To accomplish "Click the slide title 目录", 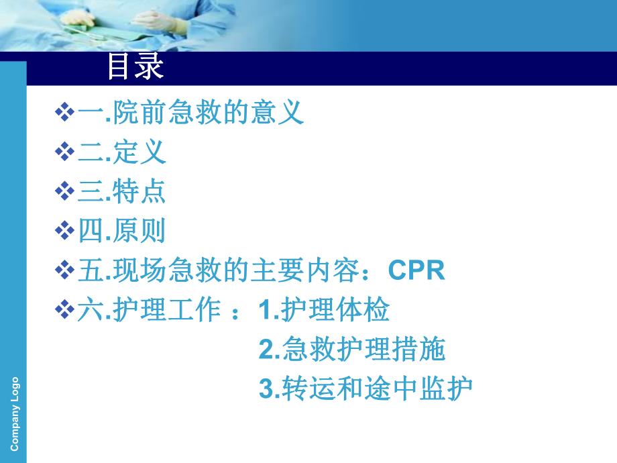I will point(135,68).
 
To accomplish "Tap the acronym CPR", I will point(416,271).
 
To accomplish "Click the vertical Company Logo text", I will point(15,413).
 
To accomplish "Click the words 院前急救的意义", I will point(209,113).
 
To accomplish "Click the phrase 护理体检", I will point(335,310).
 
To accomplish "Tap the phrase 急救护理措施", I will point(363,349).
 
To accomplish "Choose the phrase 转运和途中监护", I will point(377,389).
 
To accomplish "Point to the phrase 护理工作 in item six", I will point(166,310).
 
